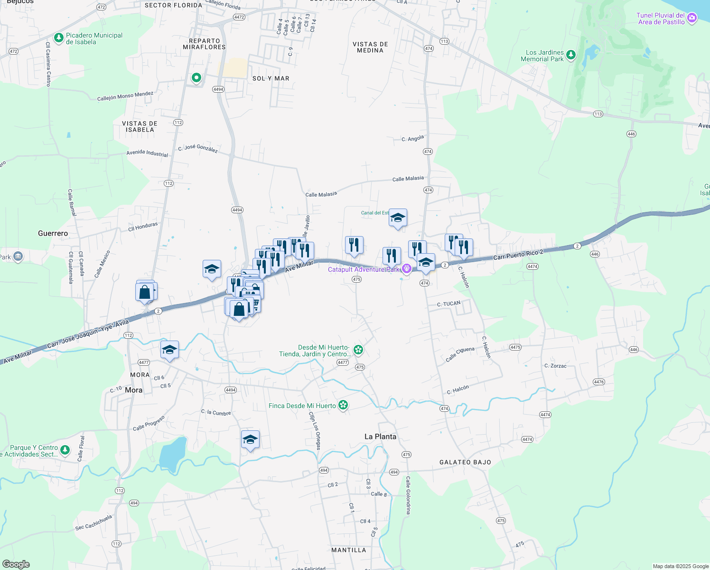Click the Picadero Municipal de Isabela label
coord(94,38)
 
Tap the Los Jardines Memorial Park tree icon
coord(571,56)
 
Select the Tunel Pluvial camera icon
coord(692,19)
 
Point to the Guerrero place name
coord(53,233)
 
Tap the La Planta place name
coord(380,437)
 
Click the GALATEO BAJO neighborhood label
coord(465,462)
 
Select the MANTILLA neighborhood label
coord(348,550)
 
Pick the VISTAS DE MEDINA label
coord(370,47)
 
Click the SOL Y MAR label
coord(271,78)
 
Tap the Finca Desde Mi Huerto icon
coord(343,405)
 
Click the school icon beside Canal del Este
coord(398,218)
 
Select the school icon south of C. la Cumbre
coord(250,440)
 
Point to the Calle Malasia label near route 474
coord(408,179)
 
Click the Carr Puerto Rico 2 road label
coord(518,255)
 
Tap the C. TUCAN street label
coord(448,304)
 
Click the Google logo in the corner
coord(16,564)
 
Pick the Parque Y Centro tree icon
coord(65,450)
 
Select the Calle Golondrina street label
coord(408,495)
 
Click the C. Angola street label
coord(412,139)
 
